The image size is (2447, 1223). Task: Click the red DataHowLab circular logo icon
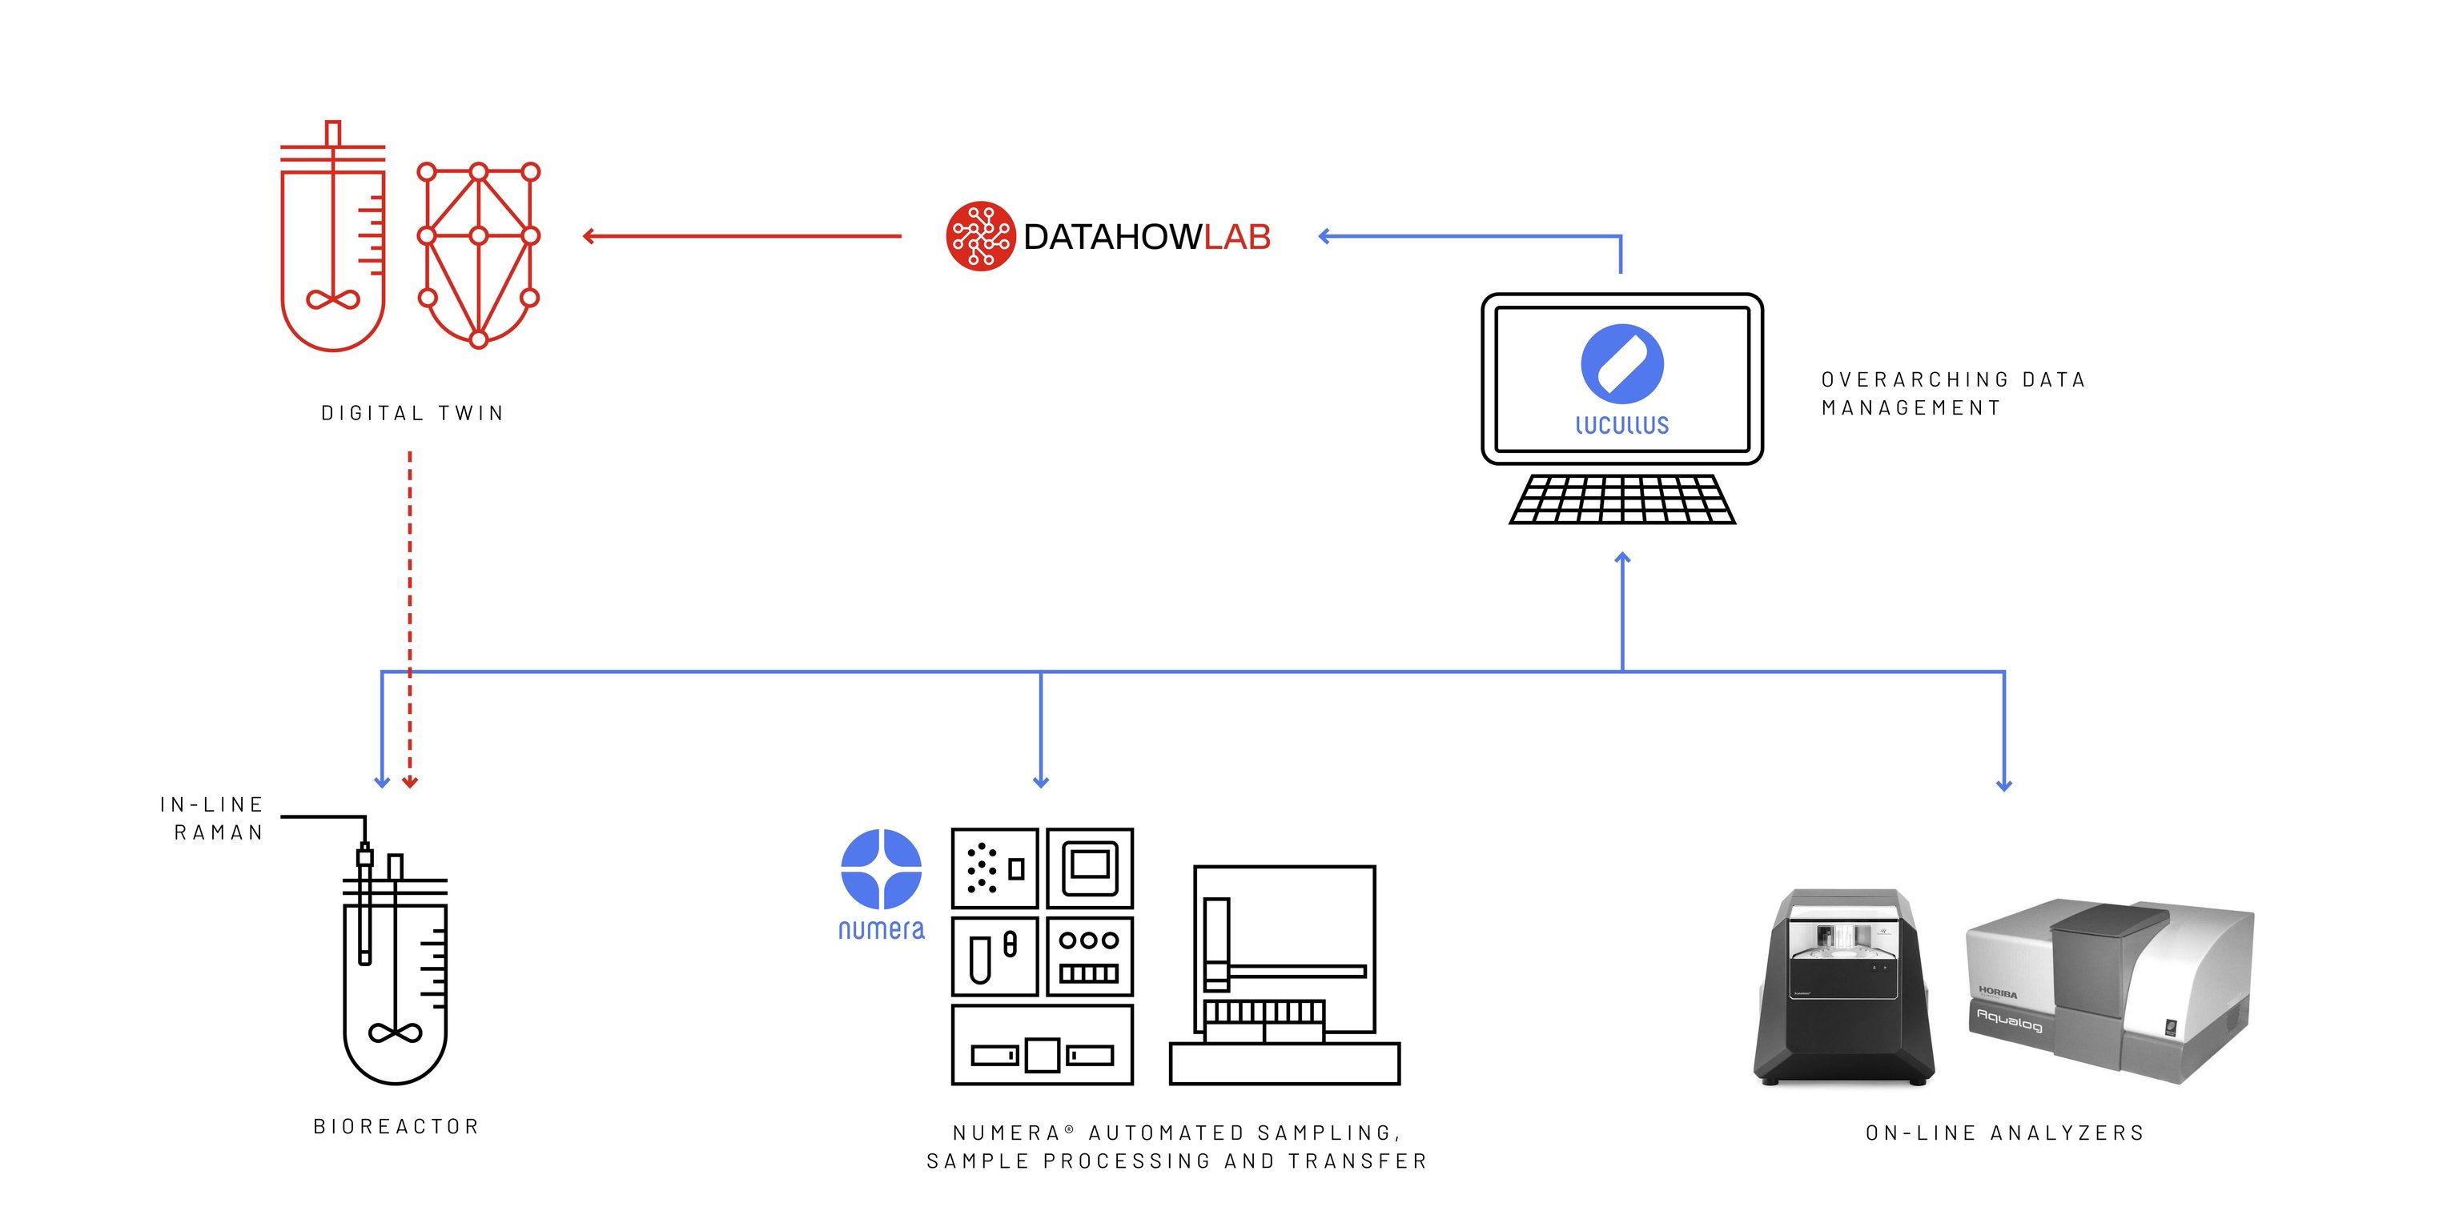[x=980, y=236]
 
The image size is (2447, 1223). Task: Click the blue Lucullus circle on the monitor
[x=1621, y=363]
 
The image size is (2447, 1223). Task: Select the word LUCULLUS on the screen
[x=1621, y=424]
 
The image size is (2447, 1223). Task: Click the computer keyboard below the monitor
[x=1621, y=499]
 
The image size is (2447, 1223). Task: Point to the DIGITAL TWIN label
[x=412, y=413]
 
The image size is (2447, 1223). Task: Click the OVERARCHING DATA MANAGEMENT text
[x=1952, y=393]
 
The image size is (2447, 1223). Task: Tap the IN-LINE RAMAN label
[x=213, y=819]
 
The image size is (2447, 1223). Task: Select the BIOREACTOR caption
[x=396, y=1126]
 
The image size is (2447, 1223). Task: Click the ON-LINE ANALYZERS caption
[x=2004, y=1132]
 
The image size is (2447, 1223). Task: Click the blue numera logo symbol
[x=881, y=868]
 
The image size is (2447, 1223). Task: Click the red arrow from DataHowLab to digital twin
[x=741, y=236]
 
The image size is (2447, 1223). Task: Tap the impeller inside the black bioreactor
[x=396, y=1033]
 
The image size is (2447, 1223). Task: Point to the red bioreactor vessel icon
[x=332, y=247]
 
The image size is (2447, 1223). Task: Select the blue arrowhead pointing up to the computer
[x=1622, y=560]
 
